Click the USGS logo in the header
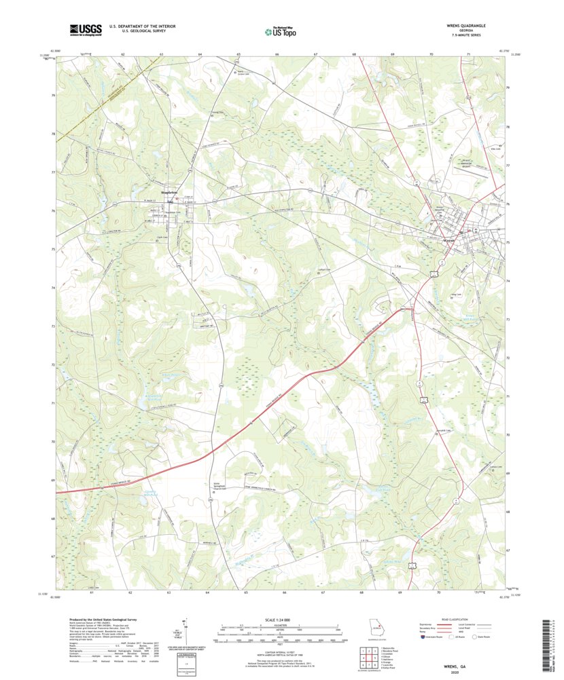pyautogui.click(x=85, y=29)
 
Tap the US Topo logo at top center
pyautogui.click(x=281, y=31)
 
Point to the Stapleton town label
pyautogui.click(x=170, y=193)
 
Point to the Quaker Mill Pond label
pyautogui.click(x=153, y=493)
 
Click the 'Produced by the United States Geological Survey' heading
pyautogui.click(x=106, y=620)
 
